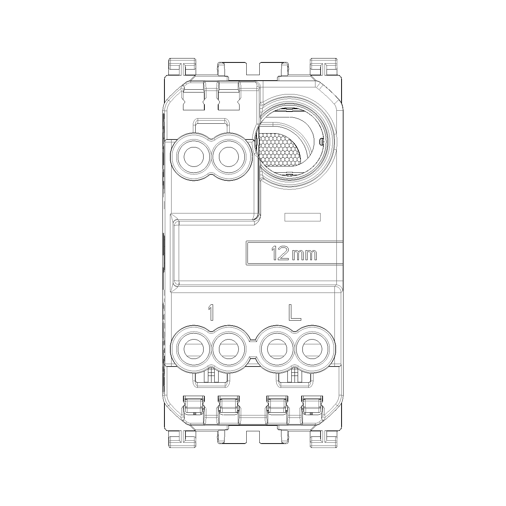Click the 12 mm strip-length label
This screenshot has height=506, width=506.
[x=294, y=254]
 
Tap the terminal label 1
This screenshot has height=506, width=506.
[x=210, y=312]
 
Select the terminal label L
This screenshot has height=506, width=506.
[x=295, y=312]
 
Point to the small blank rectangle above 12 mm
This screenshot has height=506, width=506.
[x=302, y=217]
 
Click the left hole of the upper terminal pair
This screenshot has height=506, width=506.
[x=194, y=157]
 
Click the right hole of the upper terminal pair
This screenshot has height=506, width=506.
[x=229, y=157]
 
